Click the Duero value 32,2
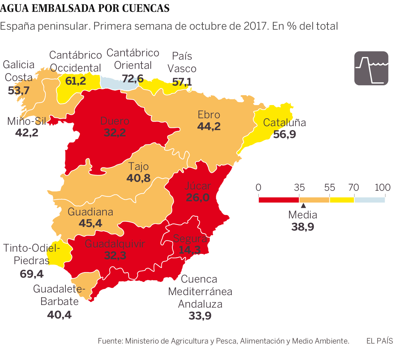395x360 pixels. point(115,132)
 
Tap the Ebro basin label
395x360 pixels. point(209,115)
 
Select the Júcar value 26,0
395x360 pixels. point(197,197)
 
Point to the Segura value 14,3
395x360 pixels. point(190,250)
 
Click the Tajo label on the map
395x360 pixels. point(138,166)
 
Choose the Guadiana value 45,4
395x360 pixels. point(91,223)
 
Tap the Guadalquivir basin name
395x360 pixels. point(115,244)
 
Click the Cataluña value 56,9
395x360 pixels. point(284,134)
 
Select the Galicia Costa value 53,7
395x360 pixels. point(19,90)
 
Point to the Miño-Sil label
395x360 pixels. point(27,121)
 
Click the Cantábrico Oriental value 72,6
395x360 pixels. point(133,78)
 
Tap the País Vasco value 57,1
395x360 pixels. point(182,82)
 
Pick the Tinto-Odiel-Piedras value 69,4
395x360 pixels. point(32,273)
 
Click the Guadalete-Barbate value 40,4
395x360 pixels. point(59,315)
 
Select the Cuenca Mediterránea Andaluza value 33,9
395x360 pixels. point(200,316)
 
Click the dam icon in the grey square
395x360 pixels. point(371,68)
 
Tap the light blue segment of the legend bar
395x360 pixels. point(369,200)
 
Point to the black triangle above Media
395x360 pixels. point(303,206)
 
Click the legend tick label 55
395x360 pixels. point(329,187)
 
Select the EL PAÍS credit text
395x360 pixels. point(380,341)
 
